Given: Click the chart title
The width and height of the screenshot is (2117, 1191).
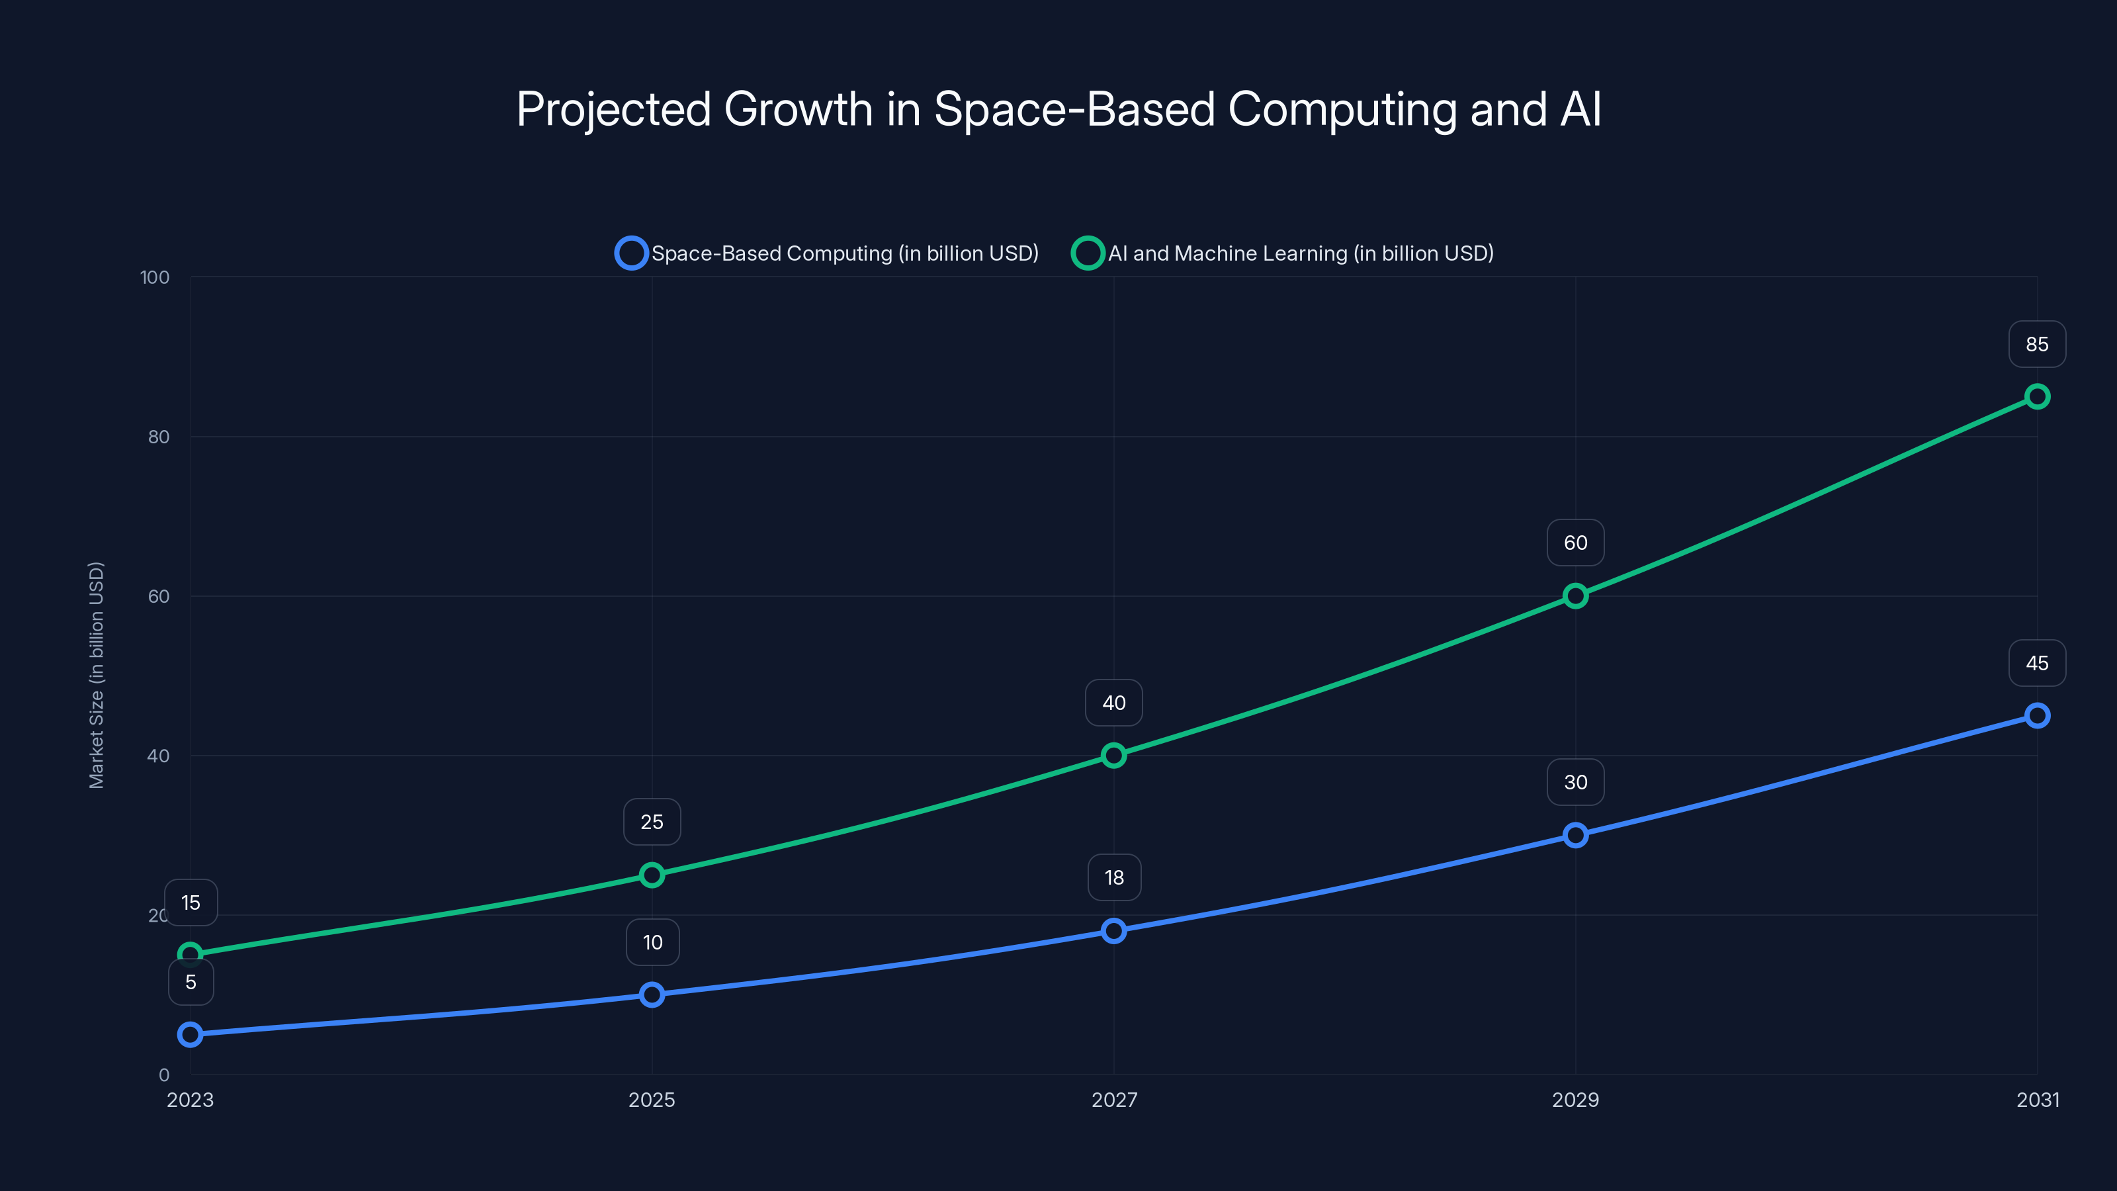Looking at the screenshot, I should (x=1058, y=109).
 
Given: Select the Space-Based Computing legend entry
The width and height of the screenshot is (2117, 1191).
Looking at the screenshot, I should (x=827, y=253).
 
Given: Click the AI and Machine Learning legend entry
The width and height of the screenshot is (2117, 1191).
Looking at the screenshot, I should (x=1282, y=253).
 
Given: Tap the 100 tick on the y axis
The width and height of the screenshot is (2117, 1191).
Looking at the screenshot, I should (x=155, y=278).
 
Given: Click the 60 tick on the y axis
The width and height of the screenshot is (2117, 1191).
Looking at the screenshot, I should (x=159, y=597).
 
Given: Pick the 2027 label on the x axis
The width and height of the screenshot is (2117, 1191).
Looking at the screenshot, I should (x=1113, y=1100).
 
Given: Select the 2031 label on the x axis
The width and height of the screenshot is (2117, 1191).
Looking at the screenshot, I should (x=2038, y=1100).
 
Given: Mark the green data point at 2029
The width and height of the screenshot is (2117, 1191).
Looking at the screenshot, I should (x=1575, y=596).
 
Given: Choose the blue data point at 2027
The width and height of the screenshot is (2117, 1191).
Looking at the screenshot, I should (x=1113, y=930).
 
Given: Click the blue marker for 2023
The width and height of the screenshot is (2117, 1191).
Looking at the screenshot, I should (x=191, y=1034).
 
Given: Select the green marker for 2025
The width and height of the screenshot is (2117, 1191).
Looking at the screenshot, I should (x=652, y=875).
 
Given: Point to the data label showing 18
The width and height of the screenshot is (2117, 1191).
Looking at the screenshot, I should (x=1113, y=878).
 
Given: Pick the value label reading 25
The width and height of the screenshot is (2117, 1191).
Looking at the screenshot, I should (x=652, y=822).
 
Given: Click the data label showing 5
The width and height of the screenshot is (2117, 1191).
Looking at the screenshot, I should (x=191, y=982).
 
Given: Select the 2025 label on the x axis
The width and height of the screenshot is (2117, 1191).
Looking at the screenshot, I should (x=652, y=1100).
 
